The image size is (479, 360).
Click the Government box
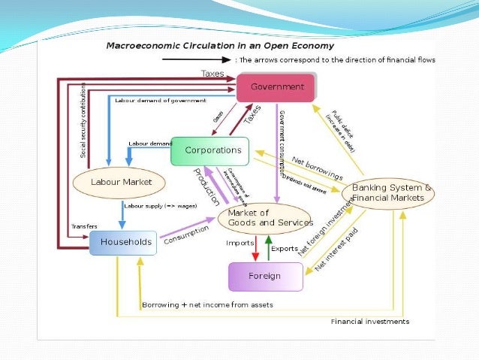coord(276,87)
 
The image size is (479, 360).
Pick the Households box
coord(123,242)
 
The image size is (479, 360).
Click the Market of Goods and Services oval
coord(264,218)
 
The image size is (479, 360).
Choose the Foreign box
coord(265,276)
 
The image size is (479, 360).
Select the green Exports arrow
coord(268,248)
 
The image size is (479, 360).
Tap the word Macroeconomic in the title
coord(138,45)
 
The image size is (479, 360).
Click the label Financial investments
coord(370,321)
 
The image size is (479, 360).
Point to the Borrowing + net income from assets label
coord(207,304)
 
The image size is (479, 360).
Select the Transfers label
coord(85,225)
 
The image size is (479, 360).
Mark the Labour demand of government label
coord(160,100)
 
